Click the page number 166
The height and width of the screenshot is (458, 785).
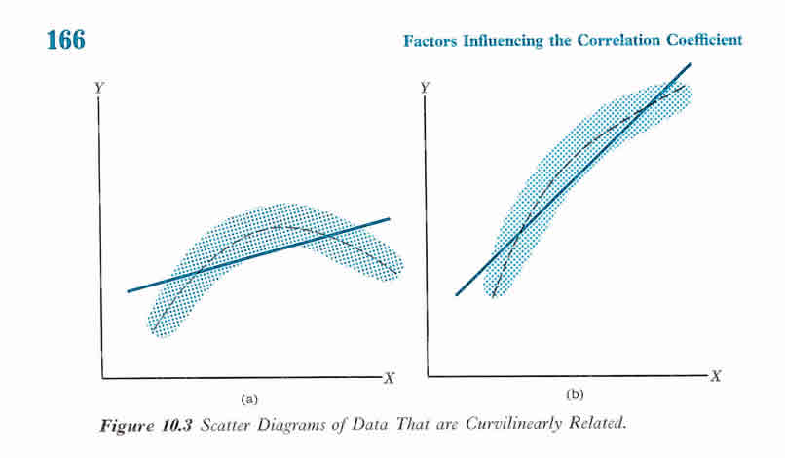pos(65,41)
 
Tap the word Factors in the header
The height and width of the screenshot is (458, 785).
pos(431,40)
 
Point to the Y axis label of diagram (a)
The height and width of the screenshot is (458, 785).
pos(99,88)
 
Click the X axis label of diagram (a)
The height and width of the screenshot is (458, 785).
pos(388,378)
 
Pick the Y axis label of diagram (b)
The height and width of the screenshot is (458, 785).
pos(426,88)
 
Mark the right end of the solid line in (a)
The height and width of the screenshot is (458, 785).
pos(390,219)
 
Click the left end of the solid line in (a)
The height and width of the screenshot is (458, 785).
pos(128,291)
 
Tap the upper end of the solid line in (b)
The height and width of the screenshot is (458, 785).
pos(691,64)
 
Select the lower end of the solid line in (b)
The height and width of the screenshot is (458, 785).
pos(456,294)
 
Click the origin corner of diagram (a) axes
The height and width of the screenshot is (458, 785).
pos(101,377)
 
